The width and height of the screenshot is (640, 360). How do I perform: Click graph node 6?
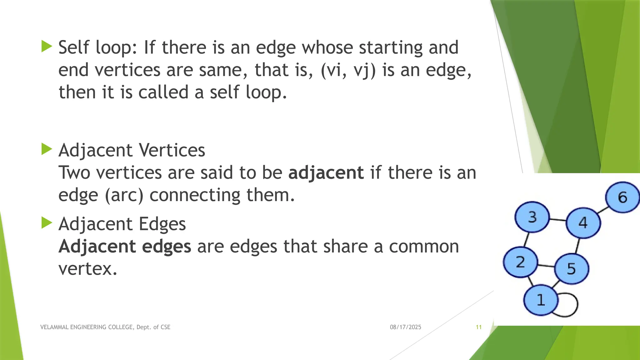point(622,197)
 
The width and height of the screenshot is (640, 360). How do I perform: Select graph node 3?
point(532,217)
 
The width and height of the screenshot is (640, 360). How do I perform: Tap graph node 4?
point(583,223)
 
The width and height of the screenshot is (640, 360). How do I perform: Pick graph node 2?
point(520,262)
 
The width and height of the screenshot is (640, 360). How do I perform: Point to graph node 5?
point(572,269)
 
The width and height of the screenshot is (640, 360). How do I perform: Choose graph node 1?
point(541,300)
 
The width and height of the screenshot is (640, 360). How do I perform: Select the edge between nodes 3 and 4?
point(558,220)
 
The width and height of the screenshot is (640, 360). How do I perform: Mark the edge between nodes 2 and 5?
point(546,266)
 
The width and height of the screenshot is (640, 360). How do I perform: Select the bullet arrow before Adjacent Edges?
point(47,223)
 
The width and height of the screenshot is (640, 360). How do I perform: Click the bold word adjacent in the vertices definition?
point(326,173)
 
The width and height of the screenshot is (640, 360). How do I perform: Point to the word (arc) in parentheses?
point(124,195)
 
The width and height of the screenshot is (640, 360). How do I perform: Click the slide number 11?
point(478,327)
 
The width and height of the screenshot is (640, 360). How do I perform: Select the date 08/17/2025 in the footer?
point(405,327)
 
